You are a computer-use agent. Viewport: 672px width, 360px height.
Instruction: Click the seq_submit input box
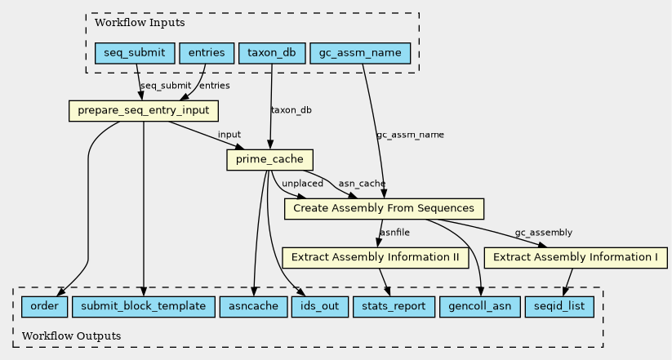tap(135, 53)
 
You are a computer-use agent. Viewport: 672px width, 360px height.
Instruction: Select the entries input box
tap(207, 53)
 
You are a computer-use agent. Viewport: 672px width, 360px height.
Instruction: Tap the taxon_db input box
tap(272, 53)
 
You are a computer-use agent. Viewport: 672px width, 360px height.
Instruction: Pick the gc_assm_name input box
tap(360, 53)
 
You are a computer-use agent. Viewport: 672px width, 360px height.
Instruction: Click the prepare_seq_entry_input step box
tap(144, 111)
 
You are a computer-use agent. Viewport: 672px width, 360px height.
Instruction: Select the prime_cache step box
tap(269, 160)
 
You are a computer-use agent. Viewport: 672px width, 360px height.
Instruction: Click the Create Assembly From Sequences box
tap(384, 209)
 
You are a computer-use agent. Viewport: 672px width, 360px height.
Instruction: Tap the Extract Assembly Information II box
tap(376, 258)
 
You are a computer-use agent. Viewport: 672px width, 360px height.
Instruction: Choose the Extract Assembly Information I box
tap(576, 258)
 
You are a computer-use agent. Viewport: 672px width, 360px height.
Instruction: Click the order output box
tap(45, 306)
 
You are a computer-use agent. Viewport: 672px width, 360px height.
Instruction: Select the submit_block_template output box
tap(144, 306)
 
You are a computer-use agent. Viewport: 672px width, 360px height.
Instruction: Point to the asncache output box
tap(253, 306)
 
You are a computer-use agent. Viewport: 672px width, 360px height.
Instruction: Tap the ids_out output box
tap(320, 306)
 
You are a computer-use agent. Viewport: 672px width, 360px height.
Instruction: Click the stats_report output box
tap(394, 306)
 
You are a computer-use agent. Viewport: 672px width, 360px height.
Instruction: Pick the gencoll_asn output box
tap(480, 306)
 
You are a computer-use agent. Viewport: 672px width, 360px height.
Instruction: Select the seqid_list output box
tap(559, 306)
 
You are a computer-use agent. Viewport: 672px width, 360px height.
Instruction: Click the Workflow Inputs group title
tap(140, 23)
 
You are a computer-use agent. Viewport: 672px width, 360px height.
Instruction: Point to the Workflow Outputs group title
tap(72, 336)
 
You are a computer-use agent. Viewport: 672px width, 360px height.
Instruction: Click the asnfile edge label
tap(394, 233)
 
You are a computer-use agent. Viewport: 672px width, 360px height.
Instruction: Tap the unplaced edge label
tap(303, 184)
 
